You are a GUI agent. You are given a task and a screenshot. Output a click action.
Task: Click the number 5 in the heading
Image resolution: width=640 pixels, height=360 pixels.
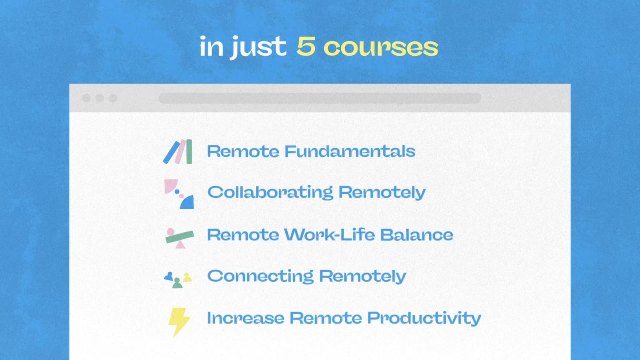tap(306, 46)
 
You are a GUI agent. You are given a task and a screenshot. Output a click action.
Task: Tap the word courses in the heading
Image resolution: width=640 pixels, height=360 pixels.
tap(380, 48)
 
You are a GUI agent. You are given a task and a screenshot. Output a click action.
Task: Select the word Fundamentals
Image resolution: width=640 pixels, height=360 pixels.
tap(350, 151)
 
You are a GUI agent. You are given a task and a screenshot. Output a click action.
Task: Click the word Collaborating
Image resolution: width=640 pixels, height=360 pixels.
tap(270, 192)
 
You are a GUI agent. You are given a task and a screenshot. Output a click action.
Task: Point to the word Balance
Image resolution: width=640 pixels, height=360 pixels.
tap(416, 235)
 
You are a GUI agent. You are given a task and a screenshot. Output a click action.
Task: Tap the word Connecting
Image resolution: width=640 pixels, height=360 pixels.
tap(260, 276)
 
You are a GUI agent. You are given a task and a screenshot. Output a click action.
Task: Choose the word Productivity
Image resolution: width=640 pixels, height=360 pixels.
tap(424, 318)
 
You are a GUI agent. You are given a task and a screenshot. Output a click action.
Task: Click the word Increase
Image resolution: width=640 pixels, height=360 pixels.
tap(246, 318)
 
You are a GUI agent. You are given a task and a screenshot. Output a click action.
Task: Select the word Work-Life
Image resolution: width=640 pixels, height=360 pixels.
tap(330, 235)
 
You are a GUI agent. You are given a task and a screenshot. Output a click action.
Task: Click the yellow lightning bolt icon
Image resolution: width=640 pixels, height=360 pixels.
tap(178, 321)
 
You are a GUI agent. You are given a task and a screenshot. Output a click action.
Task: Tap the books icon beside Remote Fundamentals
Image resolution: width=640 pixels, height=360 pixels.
tap(178, 152)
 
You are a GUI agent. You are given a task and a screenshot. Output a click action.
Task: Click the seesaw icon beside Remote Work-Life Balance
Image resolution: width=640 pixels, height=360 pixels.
tap(179, 238)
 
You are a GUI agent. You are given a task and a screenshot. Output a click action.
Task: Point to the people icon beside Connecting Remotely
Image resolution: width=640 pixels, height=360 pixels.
tap(178, 279)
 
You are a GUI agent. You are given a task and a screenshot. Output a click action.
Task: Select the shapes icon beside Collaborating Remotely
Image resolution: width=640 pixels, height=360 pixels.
tap(179, 194)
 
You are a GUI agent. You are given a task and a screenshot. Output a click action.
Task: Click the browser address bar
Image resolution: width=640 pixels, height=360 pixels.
tap(320, 98)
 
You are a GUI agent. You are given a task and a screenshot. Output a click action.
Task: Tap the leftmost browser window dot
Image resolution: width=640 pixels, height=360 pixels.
tap(86, 98)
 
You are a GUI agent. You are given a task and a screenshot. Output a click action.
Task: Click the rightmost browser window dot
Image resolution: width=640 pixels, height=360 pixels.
tap(113, 98)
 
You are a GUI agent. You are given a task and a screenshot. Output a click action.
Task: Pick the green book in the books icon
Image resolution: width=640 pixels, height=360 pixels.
tap(189, 152)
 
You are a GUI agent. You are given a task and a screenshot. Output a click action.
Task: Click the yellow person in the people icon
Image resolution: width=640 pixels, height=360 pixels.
tap(187, 277)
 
